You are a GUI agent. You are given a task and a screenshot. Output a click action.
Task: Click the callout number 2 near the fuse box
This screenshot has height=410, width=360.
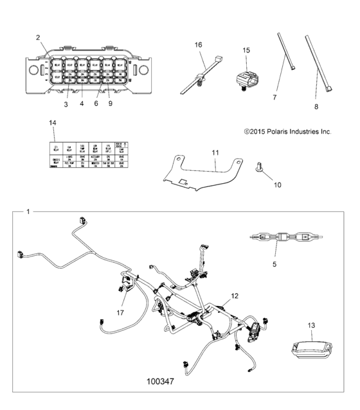(39, 38)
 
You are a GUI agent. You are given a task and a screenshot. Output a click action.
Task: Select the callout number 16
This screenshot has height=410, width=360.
(198, 44)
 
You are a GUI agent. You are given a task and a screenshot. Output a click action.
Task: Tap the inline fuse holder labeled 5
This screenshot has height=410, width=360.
(283, 238)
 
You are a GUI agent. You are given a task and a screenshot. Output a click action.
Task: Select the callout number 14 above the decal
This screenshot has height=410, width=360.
(53, 122)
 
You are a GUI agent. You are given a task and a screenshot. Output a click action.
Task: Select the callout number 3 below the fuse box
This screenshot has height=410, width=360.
(65, 103)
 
